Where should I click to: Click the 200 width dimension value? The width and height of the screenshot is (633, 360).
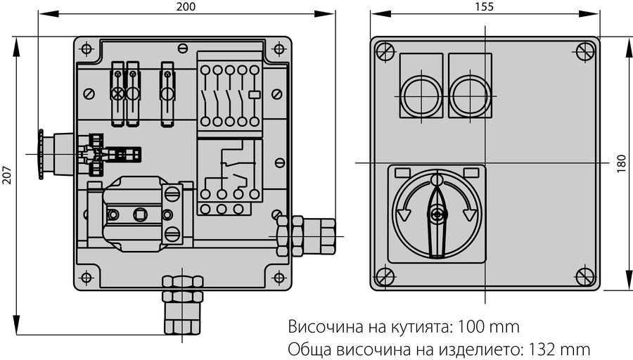point(186,6)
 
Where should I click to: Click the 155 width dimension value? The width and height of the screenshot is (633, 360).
point(484,6)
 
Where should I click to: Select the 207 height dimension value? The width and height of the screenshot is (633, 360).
point(6,174)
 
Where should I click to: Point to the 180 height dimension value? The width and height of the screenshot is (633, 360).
point(622,163)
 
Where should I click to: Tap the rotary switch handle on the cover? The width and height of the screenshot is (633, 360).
point(436,220)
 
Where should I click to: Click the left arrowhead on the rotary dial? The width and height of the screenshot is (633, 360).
point(403,214)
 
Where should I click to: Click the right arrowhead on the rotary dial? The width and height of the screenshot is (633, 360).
point(470,214)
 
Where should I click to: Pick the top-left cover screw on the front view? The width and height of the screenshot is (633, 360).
point(385,51)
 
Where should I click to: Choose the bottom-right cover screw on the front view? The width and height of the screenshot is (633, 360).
point(585,277)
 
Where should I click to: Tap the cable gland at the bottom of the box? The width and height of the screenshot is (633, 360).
point(182,304)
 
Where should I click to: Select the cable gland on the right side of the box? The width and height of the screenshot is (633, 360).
point(306,236)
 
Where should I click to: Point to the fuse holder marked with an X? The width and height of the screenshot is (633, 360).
point(117,94)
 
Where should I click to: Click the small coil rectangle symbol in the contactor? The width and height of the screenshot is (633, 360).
point(255,95)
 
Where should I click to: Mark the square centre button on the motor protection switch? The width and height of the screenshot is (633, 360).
point(140,214)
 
